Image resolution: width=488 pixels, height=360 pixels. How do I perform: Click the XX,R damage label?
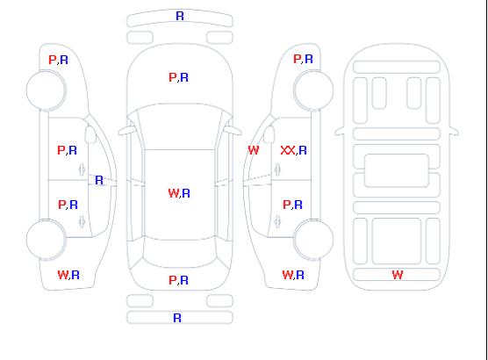click(x=293, y=150)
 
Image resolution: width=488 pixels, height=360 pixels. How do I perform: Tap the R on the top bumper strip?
click(x=180, y=16)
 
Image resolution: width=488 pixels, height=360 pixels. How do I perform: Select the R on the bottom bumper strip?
click(x=177, y=318)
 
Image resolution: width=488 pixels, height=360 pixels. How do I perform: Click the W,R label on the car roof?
click(x=179, y=193)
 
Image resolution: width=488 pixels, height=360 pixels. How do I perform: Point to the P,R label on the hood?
click(x=178, y=77)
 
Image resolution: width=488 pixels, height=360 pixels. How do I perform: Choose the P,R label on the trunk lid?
click(x=178, y=280)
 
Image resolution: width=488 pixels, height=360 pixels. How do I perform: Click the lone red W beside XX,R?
click(x=254, y=150)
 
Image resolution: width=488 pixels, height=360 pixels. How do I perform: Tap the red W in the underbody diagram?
click(x=398, y=275)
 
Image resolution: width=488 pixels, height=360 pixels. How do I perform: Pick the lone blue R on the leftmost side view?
click(x=99, y=180)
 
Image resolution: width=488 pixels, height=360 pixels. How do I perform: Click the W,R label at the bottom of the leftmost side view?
click(x=68, y=275)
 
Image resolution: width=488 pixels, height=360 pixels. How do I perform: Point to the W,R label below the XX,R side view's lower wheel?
click(x=293, y=275)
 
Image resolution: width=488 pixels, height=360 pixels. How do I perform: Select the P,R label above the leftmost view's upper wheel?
click(x=58, y=60)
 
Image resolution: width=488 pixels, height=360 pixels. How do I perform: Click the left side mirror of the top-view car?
click(x=126, y=131)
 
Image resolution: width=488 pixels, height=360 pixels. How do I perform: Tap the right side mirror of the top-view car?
click(x=233, y=131)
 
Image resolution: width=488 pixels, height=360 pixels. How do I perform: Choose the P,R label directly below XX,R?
click(x=292, y=205)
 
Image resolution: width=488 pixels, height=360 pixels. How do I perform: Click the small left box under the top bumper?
click(x=140, y=38)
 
